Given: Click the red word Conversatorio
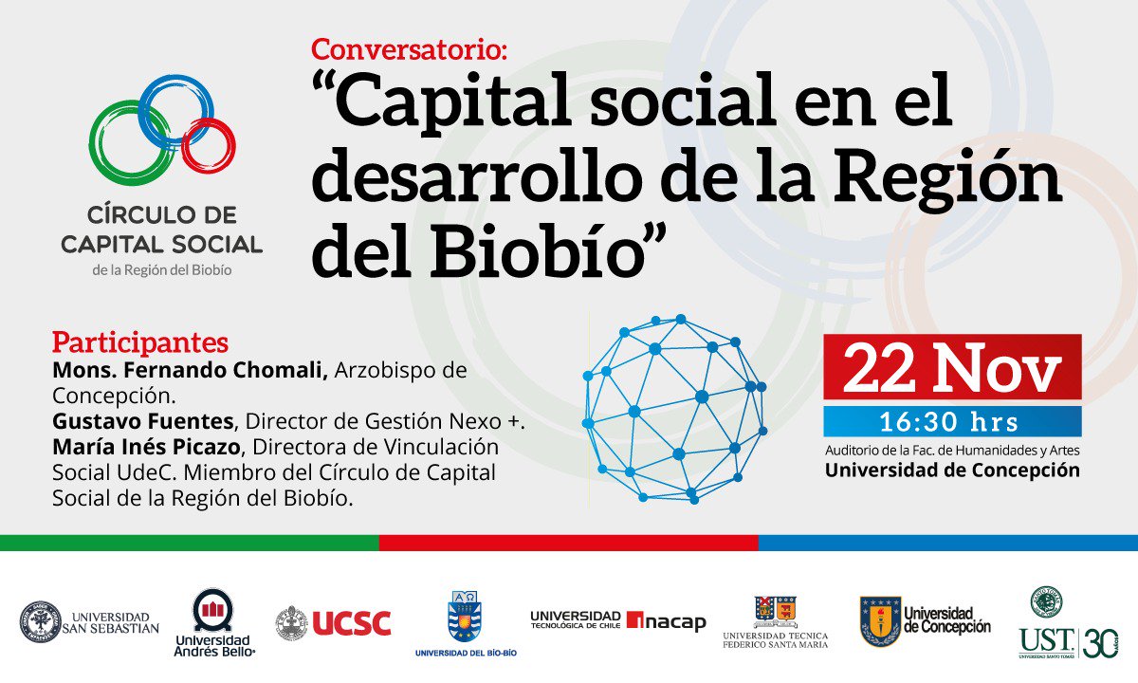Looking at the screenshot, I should [409, 49].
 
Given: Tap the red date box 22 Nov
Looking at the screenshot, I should [951, 367].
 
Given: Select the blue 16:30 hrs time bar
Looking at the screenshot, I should [951, 421].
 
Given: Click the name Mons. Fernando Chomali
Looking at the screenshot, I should [190, 370].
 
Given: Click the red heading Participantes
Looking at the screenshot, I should [140, 341].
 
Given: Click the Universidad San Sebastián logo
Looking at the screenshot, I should [90, 622].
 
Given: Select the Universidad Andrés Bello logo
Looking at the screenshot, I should [213, 623].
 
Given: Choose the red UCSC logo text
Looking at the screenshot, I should [351, 623].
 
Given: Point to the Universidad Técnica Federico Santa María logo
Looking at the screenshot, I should [775, 622].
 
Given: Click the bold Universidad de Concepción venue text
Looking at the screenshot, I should [952, 471].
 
